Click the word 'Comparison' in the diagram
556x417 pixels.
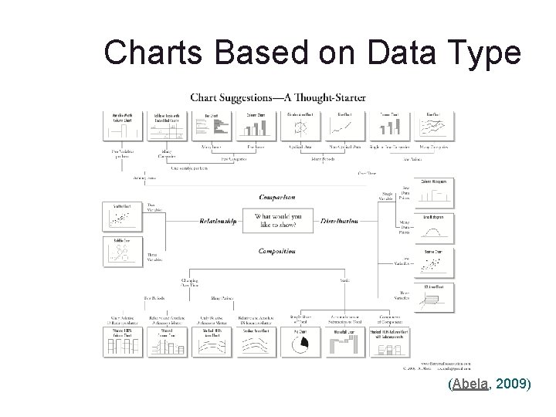tap(277, 198)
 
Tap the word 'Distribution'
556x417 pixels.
tap(338, 221)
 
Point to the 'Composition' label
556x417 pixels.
tap(277, 251)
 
